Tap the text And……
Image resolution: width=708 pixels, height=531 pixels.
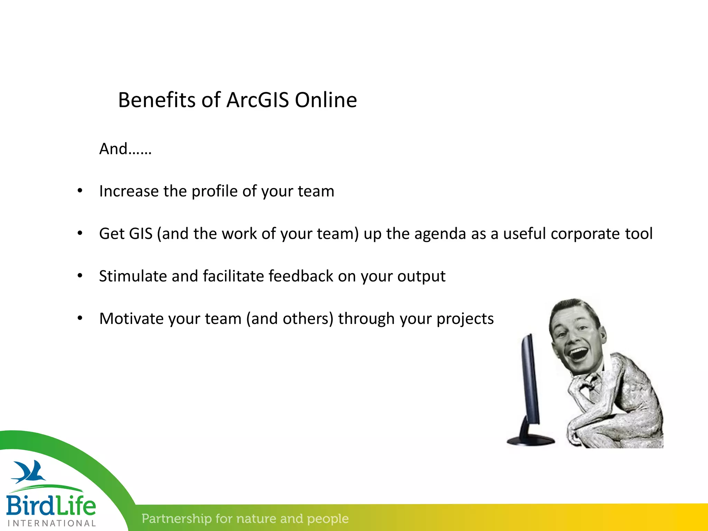pyautogui.click(x=125, y=149)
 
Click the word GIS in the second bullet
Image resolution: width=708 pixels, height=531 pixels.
pyautogui.click(x=141, y=234)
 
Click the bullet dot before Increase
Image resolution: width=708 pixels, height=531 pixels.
pyautogui.click(x=80, y=191)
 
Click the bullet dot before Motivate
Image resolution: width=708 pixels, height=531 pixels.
pyautogui.click(x=80, y=318)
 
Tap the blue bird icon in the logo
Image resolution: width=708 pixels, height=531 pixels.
pyautogui.click(x=29, y=472)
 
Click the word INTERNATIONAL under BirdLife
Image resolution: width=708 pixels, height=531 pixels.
pyautogui.click(x=52, y=523)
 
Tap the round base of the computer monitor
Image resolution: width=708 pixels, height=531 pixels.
pyautogui.click(x=530, y=440)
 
